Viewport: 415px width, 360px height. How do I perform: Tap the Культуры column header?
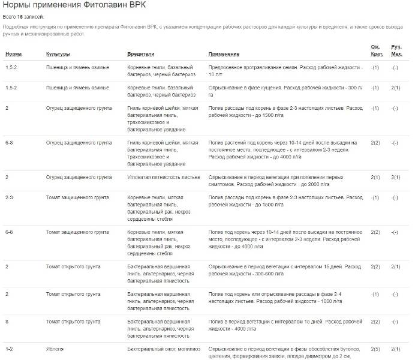click(58, 54)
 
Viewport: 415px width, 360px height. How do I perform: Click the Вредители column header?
click(141, 54)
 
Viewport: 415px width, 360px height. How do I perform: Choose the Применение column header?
click(224, 54)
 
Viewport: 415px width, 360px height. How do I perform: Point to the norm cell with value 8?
click(7, 322)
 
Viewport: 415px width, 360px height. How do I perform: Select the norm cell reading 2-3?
click(10, 197)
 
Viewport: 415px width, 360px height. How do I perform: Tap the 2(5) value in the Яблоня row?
click(375, 349)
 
